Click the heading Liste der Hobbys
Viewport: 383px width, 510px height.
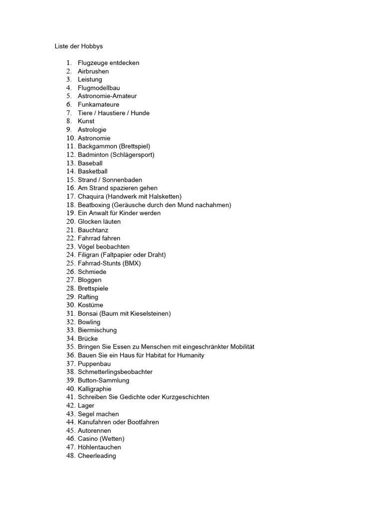(79, 46)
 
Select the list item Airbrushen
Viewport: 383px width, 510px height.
(93, 71)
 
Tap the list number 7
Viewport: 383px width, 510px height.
(69, 113)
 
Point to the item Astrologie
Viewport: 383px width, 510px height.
(92, 129)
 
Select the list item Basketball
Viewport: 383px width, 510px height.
(92, 171)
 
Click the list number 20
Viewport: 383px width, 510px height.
(70, 222)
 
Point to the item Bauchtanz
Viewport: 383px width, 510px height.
(93, 230)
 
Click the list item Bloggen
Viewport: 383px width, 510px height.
(89, 280)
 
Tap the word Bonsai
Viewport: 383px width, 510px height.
(88, 314)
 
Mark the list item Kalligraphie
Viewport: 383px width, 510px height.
(94, 389)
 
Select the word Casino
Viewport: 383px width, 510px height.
(88, 439)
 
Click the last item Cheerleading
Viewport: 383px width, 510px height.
(97, 456)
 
